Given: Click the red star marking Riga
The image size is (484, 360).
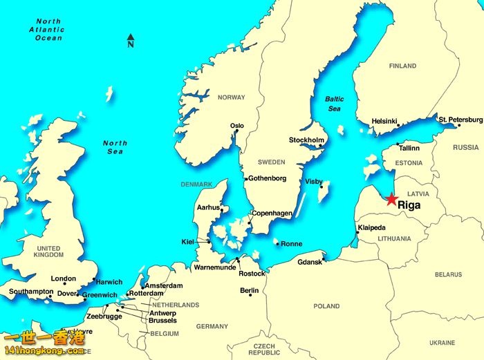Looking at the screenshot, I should click(391, 199).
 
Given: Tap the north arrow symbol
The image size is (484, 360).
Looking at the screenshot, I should click(131, 41).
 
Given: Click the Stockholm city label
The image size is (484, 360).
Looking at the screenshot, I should click(306, 140).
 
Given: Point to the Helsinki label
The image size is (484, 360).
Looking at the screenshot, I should click(384, 121).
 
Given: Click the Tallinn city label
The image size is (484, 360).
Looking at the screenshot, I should click(409, 148).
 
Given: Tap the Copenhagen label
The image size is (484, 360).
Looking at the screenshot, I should click(272, 214).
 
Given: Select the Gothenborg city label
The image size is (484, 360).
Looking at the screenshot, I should click(267, 178).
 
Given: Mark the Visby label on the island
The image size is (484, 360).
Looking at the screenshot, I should click(314, 182).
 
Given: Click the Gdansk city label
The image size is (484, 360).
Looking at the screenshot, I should click(310, 263).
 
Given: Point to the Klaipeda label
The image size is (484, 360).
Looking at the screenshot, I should click(372, 228).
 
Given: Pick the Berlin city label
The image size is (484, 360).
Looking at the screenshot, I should click(249, 291).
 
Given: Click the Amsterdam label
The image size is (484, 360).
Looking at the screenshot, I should click(165, 285).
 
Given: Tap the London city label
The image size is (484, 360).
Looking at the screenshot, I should click(64, 279).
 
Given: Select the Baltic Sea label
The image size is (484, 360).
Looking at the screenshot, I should click(334, 104).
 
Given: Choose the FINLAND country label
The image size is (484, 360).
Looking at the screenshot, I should click(402, 66).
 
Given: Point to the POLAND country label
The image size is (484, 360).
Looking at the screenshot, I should click(326, 306).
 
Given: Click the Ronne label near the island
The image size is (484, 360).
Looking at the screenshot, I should click(292, 244).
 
